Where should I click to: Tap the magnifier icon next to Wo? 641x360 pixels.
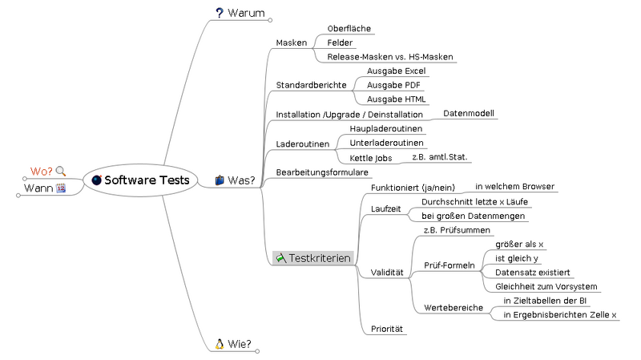(61, 171)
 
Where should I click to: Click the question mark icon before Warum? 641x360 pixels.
(220, 12)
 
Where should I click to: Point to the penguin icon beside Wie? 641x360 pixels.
(219, 344)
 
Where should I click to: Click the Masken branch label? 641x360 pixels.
(292, 42)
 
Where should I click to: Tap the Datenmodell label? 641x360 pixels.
(469, 114)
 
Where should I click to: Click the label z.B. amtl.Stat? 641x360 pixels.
(439, 158)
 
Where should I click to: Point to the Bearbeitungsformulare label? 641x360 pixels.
(321, 172)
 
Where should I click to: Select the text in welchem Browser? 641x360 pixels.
(514, 186)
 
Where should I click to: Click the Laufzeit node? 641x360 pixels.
(385, 208)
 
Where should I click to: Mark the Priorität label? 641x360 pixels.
(387, 329)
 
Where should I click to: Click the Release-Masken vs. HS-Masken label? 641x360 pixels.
(390, 57)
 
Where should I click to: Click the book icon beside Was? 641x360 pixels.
(220, 180)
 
